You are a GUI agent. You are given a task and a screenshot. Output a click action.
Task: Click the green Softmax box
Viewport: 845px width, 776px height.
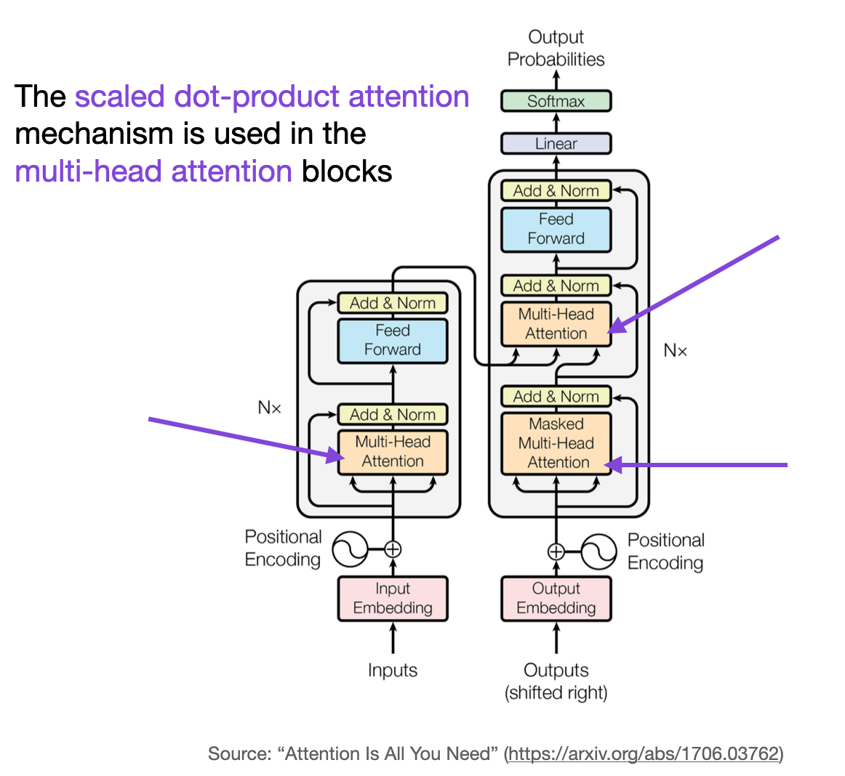(556, 101)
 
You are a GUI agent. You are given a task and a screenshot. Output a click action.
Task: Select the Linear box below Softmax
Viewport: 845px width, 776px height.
(556, 143)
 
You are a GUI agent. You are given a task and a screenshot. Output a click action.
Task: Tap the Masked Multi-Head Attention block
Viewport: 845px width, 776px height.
(556, 443)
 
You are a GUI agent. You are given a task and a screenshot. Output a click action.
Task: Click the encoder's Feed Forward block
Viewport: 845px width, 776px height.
(392, 340)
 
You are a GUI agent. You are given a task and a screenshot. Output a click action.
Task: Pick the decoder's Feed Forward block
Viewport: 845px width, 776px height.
(556, 229)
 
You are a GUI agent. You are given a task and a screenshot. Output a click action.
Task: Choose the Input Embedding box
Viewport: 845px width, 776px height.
(392, 598)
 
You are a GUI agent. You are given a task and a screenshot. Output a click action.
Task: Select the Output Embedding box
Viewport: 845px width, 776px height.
(556, 598)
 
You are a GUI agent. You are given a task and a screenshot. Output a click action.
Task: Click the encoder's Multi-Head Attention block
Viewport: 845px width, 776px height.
(392, 451)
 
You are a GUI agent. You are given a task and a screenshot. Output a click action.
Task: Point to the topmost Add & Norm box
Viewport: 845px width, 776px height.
(556, 191)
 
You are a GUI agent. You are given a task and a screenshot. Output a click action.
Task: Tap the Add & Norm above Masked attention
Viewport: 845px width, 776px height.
(556, 397)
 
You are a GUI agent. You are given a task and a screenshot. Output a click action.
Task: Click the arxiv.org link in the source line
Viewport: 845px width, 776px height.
(644, 753)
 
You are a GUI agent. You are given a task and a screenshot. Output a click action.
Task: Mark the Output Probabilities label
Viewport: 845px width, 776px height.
(556, 48)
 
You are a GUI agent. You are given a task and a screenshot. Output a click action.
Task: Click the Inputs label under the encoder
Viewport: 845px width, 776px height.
(392, 670)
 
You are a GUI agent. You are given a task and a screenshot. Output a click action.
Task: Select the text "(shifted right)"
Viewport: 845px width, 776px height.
(556, 692)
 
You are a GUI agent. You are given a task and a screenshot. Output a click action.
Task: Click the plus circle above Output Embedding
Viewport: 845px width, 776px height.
(556, 551)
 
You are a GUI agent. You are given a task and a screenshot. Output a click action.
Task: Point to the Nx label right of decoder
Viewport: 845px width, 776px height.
(675, 351)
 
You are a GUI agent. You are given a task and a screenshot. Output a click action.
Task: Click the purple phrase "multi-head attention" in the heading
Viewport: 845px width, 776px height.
(153, 171)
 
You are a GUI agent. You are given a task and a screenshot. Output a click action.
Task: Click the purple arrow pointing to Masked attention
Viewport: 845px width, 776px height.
(698, 465)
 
